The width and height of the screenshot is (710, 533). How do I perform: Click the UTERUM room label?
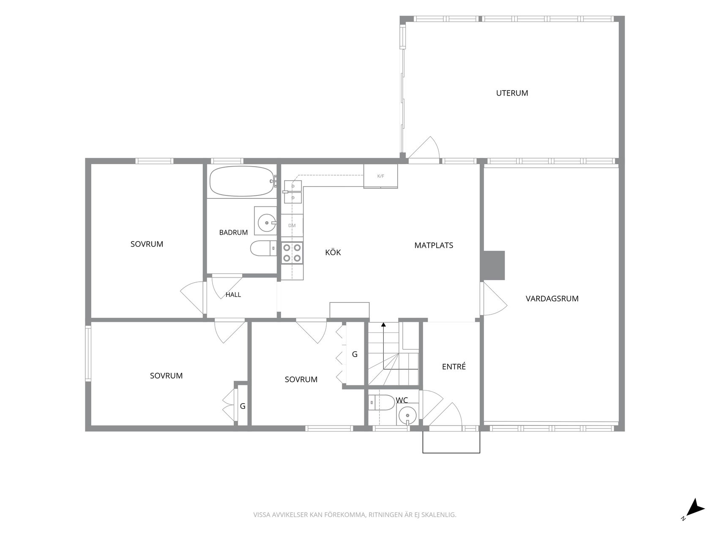[x=512, y=93]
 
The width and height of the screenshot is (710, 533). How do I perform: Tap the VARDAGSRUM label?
[x=552, y=299]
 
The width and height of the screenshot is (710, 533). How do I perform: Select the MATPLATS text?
[x=434, y=245]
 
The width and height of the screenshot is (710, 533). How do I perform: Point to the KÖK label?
[x=333, y=252]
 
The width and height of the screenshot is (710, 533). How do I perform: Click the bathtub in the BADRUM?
[x=242, y=181]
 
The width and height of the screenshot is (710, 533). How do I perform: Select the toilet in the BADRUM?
[x=263, y=248]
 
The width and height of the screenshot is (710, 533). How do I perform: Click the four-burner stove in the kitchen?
[x=292, y=253]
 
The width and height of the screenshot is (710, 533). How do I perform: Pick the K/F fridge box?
[x=380, y=176]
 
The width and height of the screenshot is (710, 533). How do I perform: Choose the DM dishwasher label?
[x=292, y=225]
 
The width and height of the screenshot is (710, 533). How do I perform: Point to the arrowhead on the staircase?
[x=383, y=324]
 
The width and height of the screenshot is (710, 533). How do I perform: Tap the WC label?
[x=402, y=400]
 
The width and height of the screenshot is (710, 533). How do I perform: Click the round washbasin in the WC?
[x=407, y=415]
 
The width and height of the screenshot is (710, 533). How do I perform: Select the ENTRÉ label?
[x=454, y=367]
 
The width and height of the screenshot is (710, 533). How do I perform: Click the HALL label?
[x=233, y=295]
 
